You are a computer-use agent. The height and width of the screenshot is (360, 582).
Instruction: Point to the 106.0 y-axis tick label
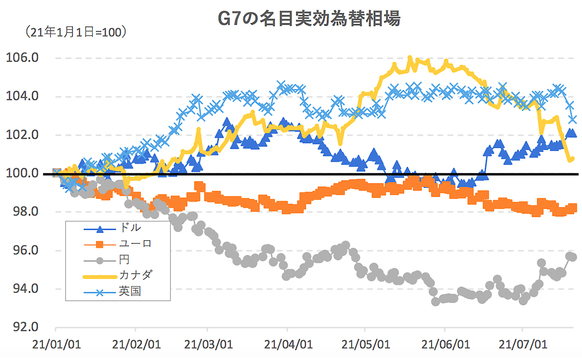[x=23, y=58]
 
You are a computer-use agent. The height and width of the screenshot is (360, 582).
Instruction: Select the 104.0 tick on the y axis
[x=23, y=96]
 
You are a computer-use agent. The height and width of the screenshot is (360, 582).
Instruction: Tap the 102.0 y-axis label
[x=23, y=135]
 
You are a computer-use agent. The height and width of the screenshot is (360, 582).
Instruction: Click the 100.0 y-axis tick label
[x=23, y=173]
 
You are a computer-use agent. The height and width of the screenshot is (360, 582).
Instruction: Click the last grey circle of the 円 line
[x=571, y=256]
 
